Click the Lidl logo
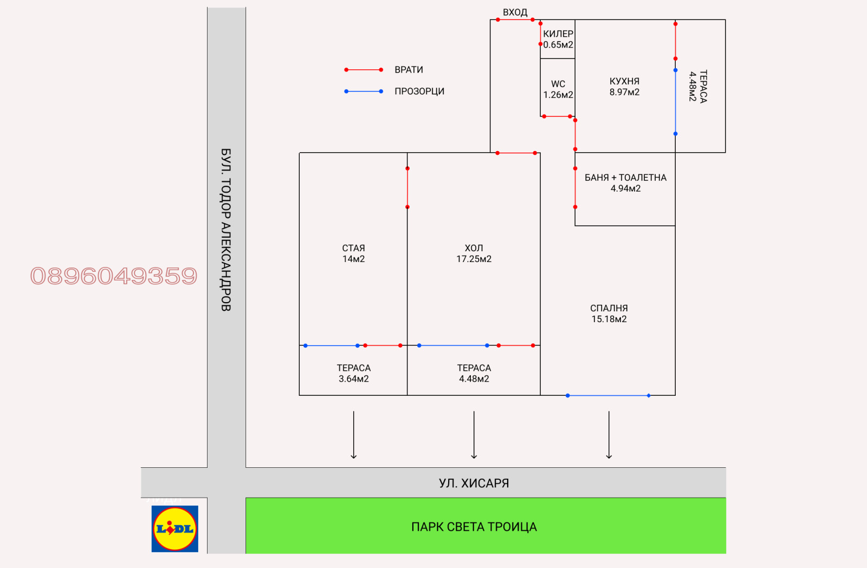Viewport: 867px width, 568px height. click(174, 528)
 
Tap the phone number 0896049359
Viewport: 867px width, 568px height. click(114, 276)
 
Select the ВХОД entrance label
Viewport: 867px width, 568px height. click(515, 12)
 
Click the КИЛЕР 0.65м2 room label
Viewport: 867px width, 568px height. click(558, 39)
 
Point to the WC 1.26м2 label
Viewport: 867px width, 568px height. click(558, 89)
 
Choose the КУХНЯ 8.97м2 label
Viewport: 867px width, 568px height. click(624, 87)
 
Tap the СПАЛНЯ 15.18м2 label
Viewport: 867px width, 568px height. click(609, 314)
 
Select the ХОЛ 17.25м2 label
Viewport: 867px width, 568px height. click(474, 253)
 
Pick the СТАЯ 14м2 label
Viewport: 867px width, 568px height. click(353, 253)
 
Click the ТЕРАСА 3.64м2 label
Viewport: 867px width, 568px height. click(353, 373)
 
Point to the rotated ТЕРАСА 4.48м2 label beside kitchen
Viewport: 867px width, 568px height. click(698, 86)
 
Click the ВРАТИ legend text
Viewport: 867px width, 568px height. click(409, 70)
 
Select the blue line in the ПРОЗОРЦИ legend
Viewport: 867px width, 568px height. click(364, 92)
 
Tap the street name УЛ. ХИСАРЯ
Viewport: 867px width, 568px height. click(474, 483)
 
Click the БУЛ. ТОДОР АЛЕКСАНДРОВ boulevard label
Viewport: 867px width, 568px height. click(226, 230)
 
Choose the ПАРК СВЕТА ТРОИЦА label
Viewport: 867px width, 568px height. click(474, 527)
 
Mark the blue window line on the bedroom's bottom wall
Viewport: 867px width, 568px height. click(608, 396)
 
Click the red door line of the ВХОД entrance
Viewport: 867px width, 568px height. click(515, 20)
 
